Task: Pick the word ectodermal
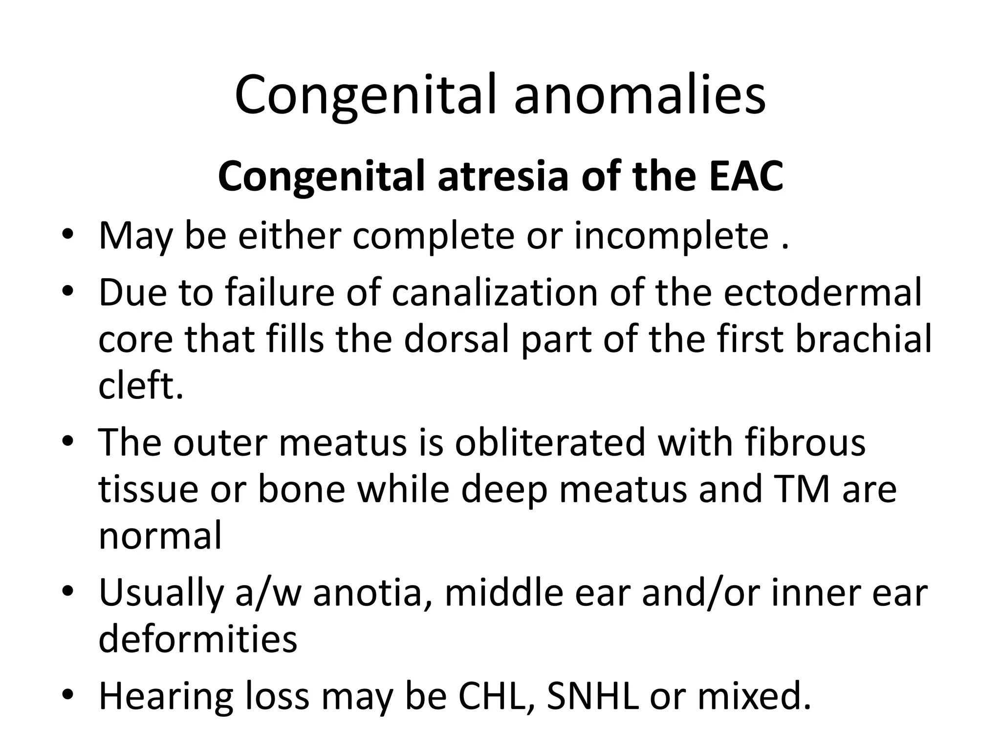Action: click(x=822, y=293)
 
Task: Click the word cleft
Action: click(x=140, y=386)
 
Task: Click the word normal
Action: click(x=160, y=536)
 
